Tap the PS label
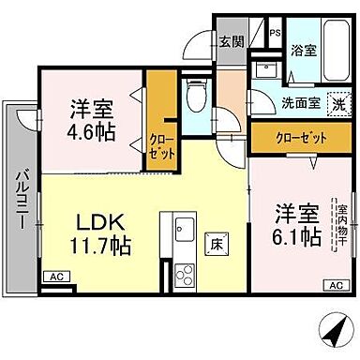click(275, 34)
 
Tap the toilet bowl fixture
click(195, 94)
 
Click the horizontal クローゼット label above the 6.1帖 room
click(302, 138)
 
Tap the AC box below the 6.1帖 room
click(332, 285)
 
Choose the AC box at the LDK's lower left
click(55, 276)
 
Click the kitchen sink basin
click(181, 227)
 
